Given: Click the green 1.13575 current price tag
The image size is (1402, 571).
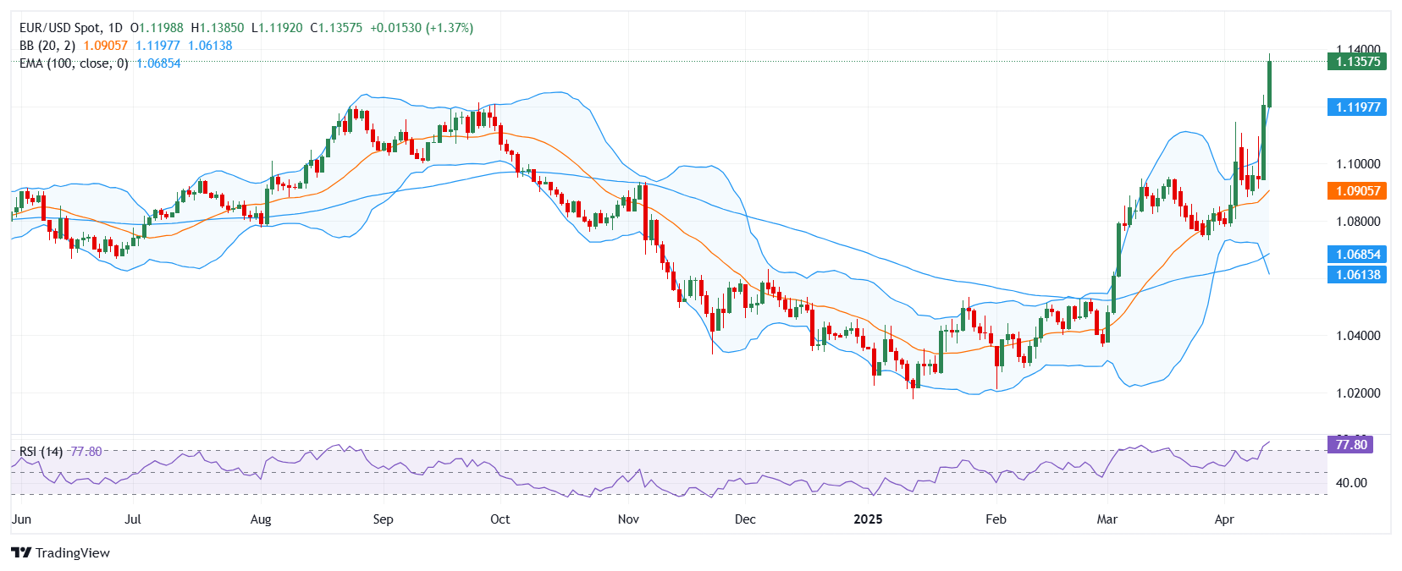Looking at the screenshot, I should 1357,61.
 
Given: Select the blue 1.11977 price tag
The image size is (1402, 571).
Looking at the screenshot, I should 1357,107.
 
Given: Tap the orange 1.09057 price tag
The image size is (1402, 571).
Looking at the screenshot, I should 1357,190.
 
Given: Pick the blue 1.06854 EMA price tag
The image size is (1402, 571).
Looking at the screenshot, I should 1357,254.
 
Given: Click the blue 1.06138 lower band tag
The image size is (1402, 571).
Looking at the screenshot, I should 1357,274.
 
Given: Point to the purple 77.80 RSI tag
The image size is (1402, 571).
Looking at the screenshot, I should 1350,444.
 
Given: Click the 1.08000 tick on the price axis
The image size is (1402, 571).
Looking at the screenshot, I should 1357,222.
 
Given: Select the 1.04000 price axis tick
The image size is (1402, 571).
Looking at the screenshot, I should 1357,336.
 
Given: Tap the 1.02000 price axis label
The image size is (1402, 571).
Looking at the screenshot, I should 1357,393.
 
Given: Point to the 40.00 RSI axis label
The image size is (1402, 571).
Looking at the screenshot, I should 1350,483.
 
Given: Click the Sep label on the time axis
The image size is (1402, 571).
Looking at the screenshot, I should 383,519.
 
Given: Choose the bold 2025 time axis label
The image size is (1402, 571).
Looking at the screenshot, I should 868,519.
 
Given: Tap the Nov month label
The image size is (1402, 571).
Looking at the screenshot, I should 628,519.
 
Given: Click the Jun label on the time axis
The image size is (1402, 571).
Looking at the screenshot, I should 22,519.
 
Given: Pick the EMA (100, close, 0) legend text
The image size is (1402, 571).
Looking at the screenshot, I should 74,63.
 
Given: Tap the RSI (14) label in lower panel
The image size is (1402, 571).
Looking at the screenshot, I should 41,452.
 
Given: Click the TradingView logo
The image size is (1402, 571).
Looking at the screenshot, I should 60,552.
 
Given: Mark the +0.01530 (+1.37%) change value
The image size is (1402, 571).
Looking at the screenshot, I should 422,28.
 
